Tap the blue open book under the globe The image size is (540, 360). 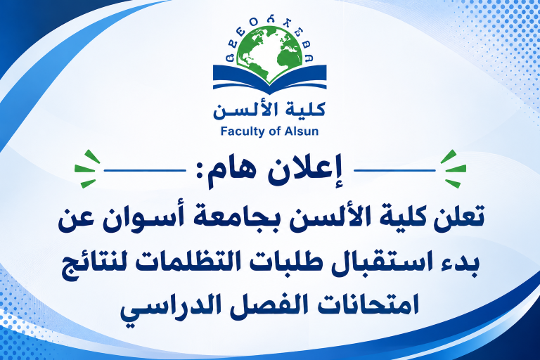pyautogui.click(x=270, y=80)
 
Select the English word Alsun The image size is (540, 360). pyautogui.click(x=302, y=131)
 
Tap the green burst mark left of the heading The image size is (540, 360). pyautogui.click(x=86, y=169)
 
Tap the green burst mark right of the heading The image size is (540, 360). pyautogui.click(x=454, y=169)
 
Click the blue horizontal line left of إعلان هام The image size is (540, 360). pyautogui.click(x=145, y=170)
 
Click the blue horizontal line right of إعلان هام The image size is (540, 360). pyautogui.click(x=395, y=170)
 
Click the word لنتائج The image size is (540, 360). pyautogui.click(x=94, y=264)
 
